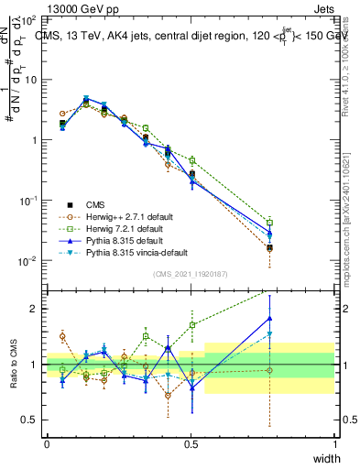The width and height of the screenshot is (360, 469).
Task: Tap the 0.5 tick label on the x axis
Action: coord(191,444)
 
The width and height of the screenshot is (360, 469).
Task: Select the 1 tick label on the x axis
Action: coord(334,444)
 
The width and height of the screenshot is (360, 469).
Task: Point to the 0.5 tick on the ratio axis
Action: coord(30,420)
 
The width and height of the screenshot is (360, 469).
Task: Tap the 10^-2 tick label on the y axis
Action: coord(29,261)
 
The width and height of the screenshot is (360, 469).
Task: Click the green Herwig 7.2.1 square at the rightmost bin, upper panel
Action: coord(269,222)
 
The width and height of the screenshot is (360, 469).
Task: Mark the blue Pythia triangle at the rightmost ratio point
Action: coord(269,318)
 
